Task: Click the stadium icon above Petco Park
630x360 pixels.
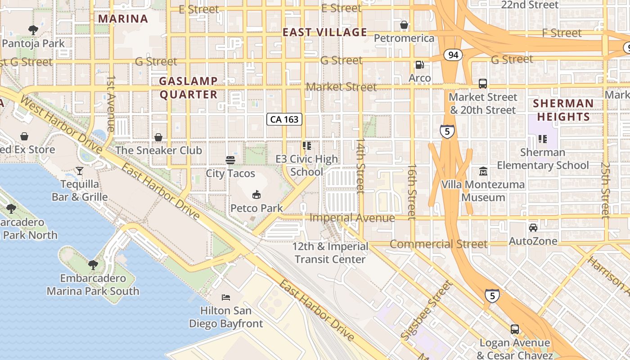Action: pyautogui.click(x=256, y=194)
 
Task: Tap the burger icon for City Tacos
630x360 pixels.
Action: pyautogui.click(x=230, y=160)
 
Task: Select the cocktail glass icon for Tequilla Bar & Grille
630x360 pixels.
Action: pyautogui.click(x=80, y=171)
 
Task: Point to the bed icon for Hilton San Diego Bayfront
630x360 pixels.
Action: pyautogui.click(x=226, y=297)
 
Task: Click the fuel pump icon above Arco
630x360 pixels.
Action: pyautogui.click(x=419, y=65)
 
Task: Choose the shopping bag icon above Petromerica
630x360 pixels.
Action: pyautogui.click(x=404, y=25)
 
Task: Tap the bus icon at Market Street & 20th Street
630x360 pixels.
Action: pyautogui.click(x=483, y=84)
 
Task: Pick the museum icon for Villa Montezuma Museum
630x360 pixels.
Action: pyautogui.click(x=483, y=171)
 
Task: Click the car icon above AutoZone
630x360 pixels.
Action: pyautogui.click(x=533, y=228)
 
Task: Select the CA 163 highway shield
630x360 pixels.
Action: pyautogui.click(x=284, y=119)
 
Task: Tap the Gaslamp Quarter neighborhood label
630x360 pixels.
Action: pyautogui.click(x=189, y=88)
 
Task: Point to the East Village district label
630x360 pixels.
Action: pyautogui.click(x=325, y=32)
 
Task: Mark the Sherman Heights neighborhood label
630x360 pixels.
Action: pyautogui.click(x=563, y=110)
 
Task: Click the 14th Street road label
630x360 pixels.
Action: pyautogui.click(x=360, y=166)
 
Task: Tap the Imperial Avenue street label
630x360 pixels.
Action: pyautogui.click(x=352, y=218)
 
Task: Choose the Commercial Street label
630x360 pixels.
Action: pyautogui.click(x=438, y=244)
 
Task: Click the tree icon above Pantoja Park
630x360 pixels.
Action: pyautogui.click(x=33, y=30)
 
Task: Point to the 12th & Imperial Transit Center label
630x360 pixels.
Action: pyautogui.click(x=330, y=253)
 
